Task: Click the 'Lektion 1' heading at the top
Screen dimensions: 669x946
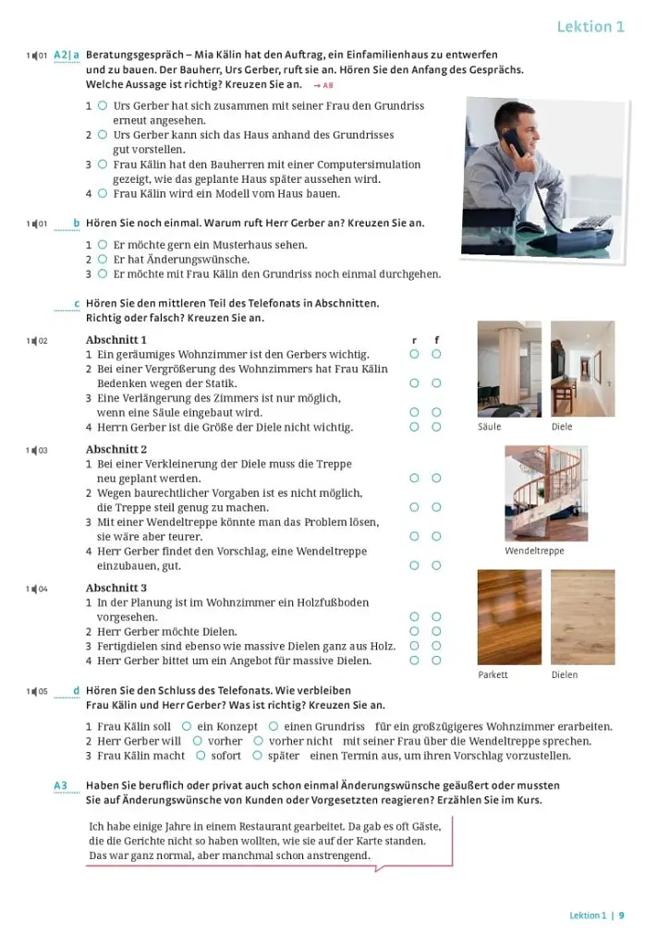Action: [590, 27]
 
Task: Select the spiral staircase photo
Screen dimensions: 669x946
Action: [546, 493]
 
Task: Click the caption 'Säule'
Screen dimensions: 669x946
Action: [489, 427]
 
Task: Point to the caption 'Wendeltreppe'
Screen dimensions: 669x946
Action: [534, 551]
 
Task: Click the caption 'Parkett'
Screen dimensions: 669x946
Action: [493, 674]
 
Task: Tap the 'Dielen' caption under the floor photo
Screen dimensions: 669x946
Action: [565, 674]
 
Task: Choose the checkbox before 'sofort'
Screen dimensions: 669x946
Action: [201, 756]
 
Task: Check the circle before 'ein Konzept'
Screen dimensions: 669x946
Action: [187, 726]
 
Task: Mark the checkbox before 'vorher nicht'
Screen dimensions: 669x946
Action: [258, 741]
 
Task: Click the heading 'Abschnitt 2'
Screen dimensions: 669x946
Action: [116, 450]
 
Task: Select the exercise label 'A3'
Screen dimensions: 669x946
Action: [60, 785]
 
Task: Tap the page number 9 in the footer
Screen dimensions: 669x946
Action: [621, 916]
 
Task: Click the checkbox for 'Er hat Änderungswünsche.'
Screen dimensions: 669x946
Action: [103, 260]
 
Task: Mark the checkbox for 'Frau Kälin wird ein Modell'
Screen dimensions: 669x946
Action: [103, 194]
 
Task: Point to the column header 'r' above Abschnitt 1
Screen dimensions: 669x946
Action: [415, 341]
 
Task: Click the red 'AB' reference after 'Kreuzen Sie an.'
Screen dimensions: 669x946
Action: [324, 86]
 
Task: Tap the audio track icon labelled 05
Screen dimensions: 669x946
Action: [37, 691]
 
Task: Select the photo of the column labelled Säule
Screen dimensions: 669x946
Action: [510, 369]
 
